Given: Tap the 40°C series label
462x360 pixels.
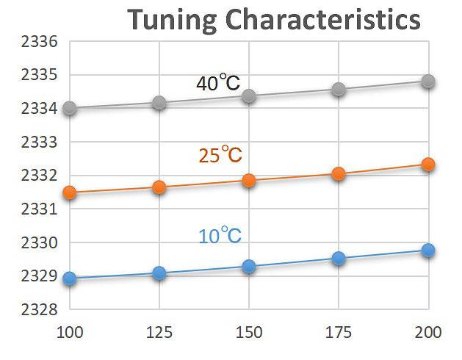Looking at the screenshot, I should (218, 84).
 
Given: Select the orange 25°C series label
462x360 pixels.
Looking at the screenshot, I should (220, 155).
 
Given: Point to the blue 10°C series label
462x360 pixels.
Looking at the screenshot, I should (220, 237).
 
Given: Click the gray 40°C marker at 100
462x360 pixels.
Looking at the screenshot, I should (71, 109).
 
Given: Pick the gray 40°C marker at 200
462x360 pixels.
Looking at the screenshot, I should (428, 82).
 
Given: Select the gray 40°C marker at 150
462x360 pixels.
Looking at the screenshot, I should (249, 96).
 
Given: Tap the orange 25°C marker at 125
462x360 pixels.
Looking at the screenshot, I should (159, 187).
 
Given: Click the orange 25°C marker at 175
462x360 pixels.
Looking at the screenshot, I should (339, 174).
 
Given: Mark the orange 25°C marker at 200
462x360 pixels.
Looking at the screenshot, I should (428, 165).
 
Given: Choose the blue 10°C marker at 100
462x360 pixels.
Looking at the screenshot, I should (71, 278).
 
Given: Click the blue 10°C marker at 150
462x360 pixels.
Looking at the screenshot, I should (249, 266).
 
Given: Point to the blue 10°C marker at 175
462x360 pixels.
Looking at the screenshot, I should (339, 258).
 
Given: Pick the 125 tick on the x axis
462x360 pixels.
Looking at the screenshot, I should (159, 332).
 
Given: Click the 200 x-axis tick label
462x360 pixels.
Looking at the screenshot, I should (428, 332).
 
